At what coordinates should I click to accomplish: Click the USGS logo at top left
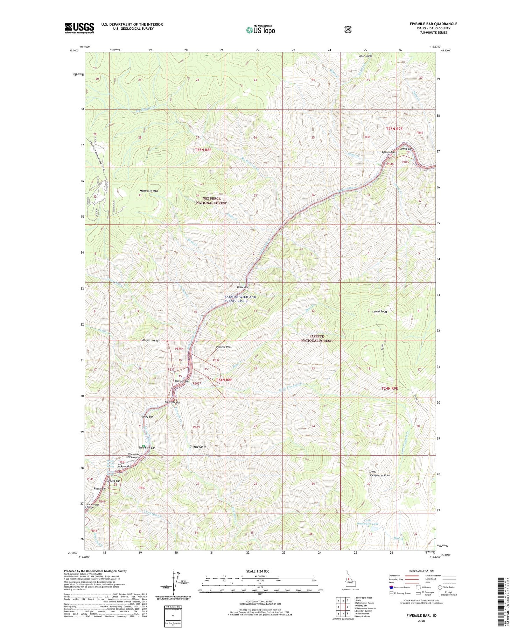(79, 28)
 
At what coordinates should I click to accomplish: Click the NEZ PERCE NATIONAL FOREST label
(211, 201)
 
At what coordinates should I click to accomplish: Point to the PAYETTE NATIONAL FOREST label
(316, 338)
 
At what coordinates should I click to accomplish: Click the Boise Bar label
(243, 287)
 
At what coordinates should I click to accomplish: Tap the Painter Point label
(224, 347)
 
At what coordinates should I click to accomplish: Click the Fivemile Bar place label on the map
(173, 403)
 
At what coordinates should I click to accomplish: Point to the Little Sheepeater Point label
(380, 474)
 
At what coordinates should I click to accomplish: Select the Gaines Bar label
(388, 152)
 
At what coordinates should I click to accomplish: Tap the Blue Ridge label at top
(366, 56)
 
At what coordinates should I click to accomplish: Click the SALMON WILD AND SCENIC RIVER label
(240, 299)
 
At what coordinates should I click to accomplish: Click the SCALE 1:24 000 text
(258, 571)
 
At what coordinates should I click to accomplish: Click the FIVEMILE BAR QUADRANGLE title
(433, 24)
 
